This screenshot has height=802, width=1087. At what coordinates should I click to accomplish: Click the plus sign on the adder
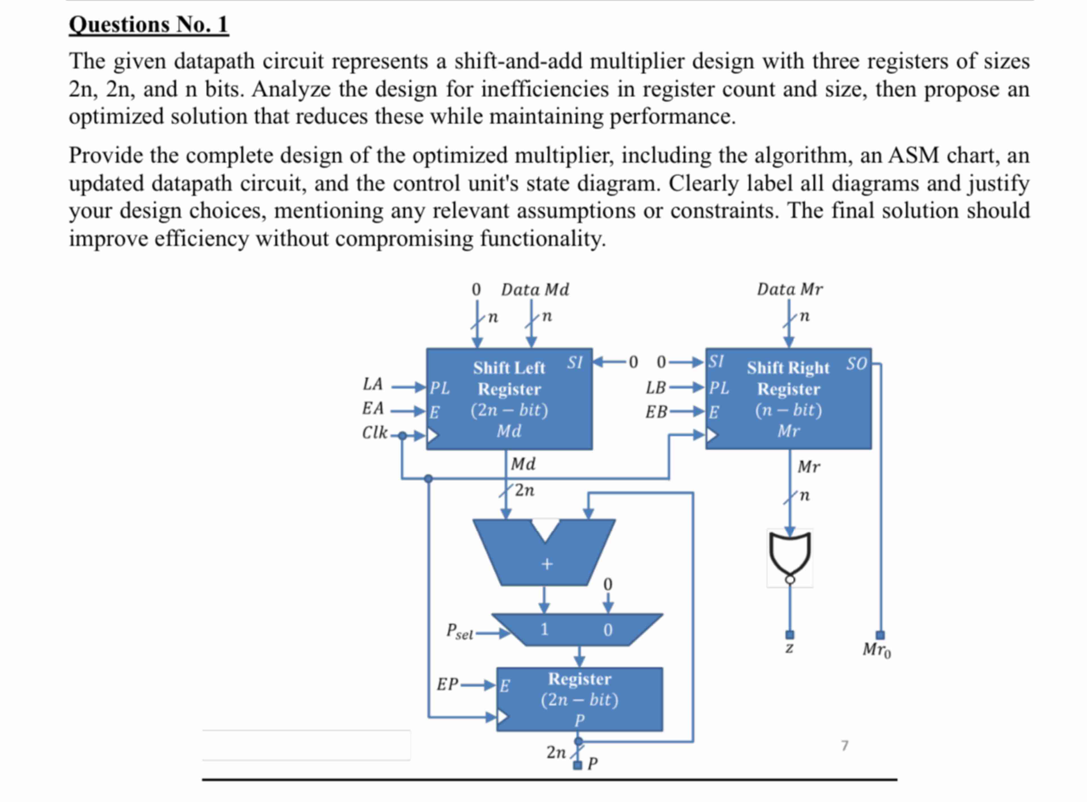click(x=547, y=564)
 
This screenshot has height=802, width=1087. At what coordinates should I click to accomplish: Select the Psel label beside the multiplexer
click(x=459, y=632)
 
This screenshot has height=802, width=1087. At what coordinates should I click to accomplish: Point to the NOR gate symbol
click(x=790, y=553)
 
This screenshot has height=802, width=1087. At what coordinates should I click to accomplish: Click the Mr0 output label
click(x=876, y=650)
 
